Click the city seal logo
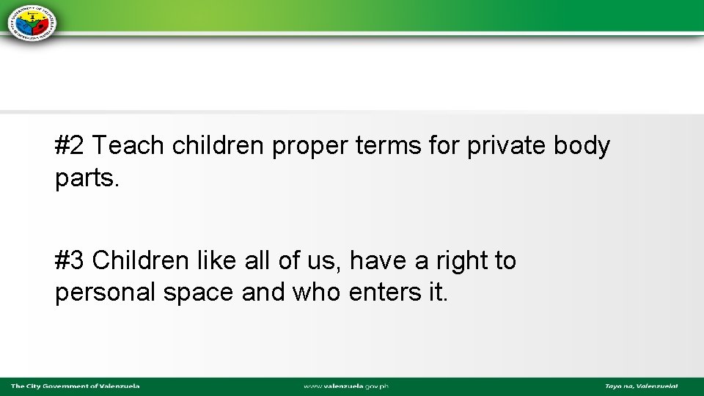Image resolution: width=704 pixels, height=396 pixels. [32, 21]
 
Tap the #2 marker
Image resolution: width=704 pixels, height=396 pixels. [70, 147]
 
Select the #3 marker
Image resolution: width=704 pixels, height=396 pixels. [70, 260]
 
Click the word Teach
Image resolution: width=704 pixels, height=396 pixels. [128, 147]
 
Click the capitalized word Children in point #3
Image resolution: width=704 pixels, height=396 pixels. [140, 260]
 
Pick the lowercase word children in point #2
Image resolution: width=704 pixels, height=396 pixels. [218, 147]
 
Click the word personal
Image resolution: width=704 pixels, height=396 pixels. [105, 293]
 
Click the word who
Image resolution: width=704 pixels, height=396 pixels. [316, 293]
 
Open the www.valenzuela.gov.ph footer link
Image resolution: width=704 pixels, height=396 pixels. [346, 386]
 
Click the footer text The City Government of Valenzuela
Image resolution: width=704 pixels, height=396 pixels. [75, 386]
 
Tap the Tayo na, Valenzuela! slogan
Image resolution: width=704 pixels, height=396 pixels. [641, 386]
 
